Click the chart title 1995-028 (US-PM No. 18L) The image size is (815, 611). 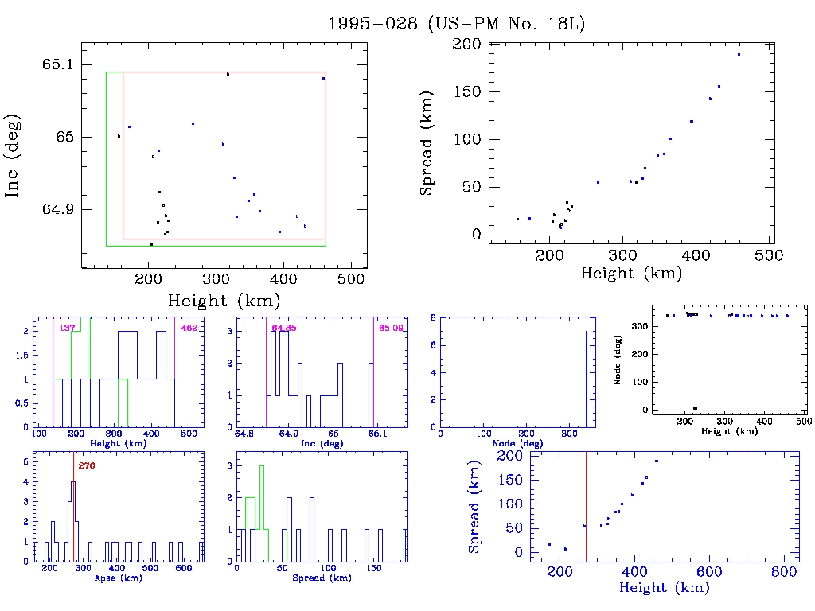[457, 24]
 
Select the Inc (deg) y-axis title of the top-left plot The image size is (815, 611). [14, 156]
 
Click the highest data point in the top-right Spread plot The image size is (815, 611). [739, 54]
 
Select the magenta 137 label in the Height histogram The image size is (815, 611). [68, 328]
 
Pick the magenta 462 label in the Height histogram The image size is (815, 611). [189, 328]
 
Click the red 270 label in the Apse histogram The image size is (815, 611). [87, 465]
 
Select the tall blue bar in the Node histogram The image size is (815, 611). [587, 379]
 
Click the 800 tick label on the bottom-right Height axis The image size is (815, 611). [783, 573]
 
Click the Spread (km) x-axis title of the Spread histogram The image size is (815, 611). [324, 578]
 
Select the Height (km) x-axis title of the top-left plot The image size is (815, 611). [224, 301]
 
